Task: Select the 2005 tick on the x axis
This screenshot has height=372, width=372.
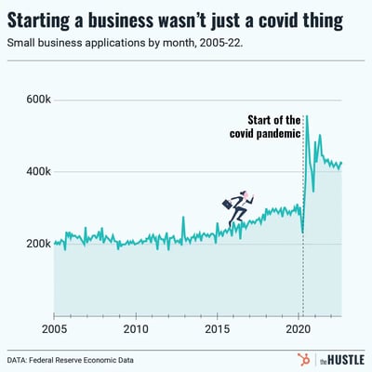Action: [54, 329]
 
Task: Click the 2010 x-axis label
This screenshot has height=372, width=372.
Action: [136, 329]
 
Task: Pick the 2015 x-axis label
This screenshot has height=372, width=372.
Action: [217, 329]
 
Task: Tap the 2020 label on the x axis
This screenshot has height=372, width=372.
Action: [298, 329]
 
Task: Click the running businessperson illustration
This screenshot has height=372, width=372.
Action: [236, 208]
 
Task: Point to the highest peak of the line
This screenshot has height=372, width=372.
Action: [307, 116]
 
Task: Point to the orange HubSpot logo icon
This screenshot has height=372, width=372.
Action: [303, 359]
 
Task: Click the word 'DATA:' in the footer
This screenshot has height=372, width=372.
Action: [23, 359]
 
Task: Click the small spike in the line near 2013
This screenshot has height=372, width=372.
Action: [182, 219]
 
